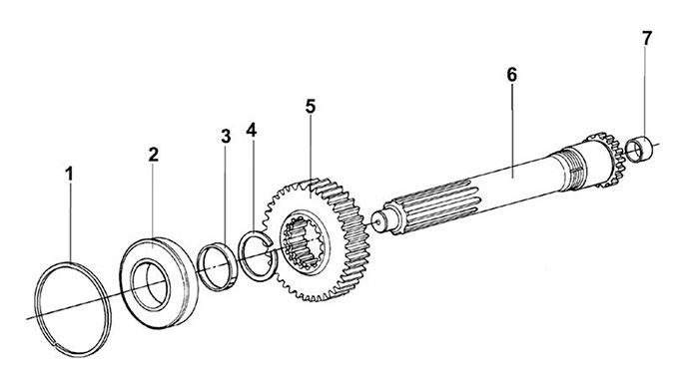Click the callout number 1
click(70, 175)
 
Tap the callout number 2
click(154, 155)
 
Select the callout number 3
click(226, 137)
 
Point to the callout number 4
click(252, 130)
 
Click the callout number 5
click(311, 106)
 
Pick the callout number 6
click(511, 75)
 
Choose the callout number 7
click(645, 39)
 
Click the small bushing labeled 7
click(639, 150)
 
